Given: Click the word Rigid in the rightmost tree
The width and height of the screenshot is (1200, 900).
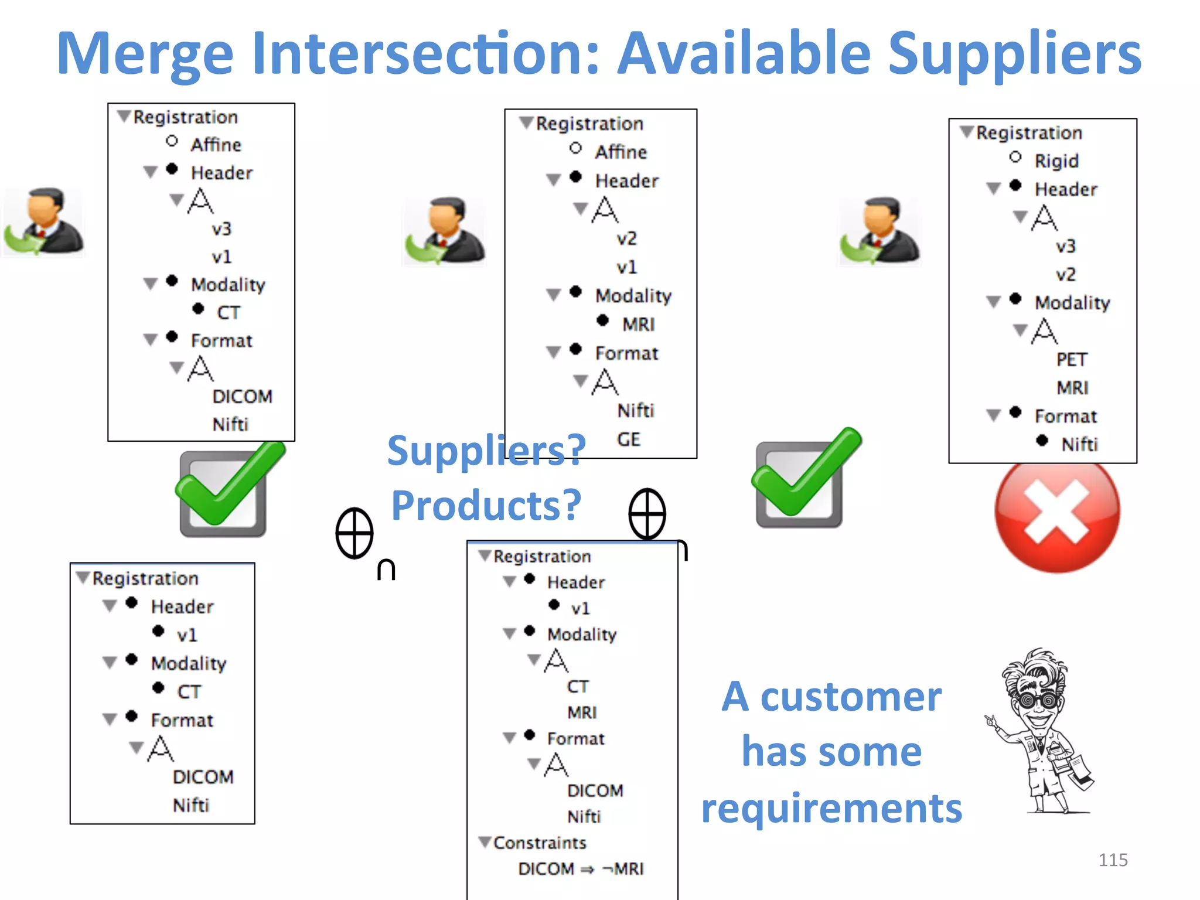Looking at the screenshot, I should click(x=1056, y=161).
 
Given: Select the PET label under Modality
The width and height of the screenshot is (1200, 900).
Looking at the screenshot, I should click(x=1072, y=359).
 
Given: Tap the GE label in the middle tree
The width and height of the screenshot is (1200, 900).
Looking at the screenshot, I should click(x=629, y=439).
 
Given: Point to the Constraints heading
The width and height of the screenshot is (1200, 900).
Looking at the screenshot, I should click(x=539, y=843).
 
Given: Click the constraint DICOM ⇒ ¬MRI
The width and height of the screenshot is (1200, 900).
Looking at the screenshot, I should click(x=581, y=868).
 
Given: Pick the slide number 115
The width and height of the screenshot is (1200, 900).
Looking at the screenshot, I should click(x=1113, y=860).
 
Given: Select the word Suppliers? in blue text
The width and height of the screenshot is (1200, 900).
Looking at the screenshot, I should click(x=486, y=450).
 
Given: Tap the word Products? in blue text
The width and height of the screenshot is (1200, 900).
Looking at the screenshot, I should click(x=486, y=505).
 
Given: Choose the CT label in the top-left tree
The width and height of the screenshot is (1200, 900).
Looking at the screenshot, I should click(x=228, y=312).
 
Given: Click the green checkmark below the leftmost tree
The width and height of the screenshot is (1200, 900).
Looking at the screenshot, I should click(x=229, y=486).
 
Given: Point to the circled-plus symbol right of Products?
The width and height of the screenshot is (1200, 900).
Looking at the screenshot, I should click(x=647, y=514).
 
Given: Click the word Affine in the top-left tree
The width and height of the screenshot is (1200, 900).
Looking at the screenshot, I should click(x=216, y=145).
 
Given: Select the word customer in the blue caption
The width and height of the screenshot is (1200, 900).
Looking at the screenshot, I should click(x=851, y=697).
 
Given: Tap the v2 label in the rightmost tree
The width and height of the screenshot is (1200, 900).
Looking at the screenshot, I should click(x=1065, y=274).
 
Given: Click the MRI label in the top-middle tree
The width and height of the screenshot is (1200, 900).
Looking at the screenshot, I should click(x=638, y=324).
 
